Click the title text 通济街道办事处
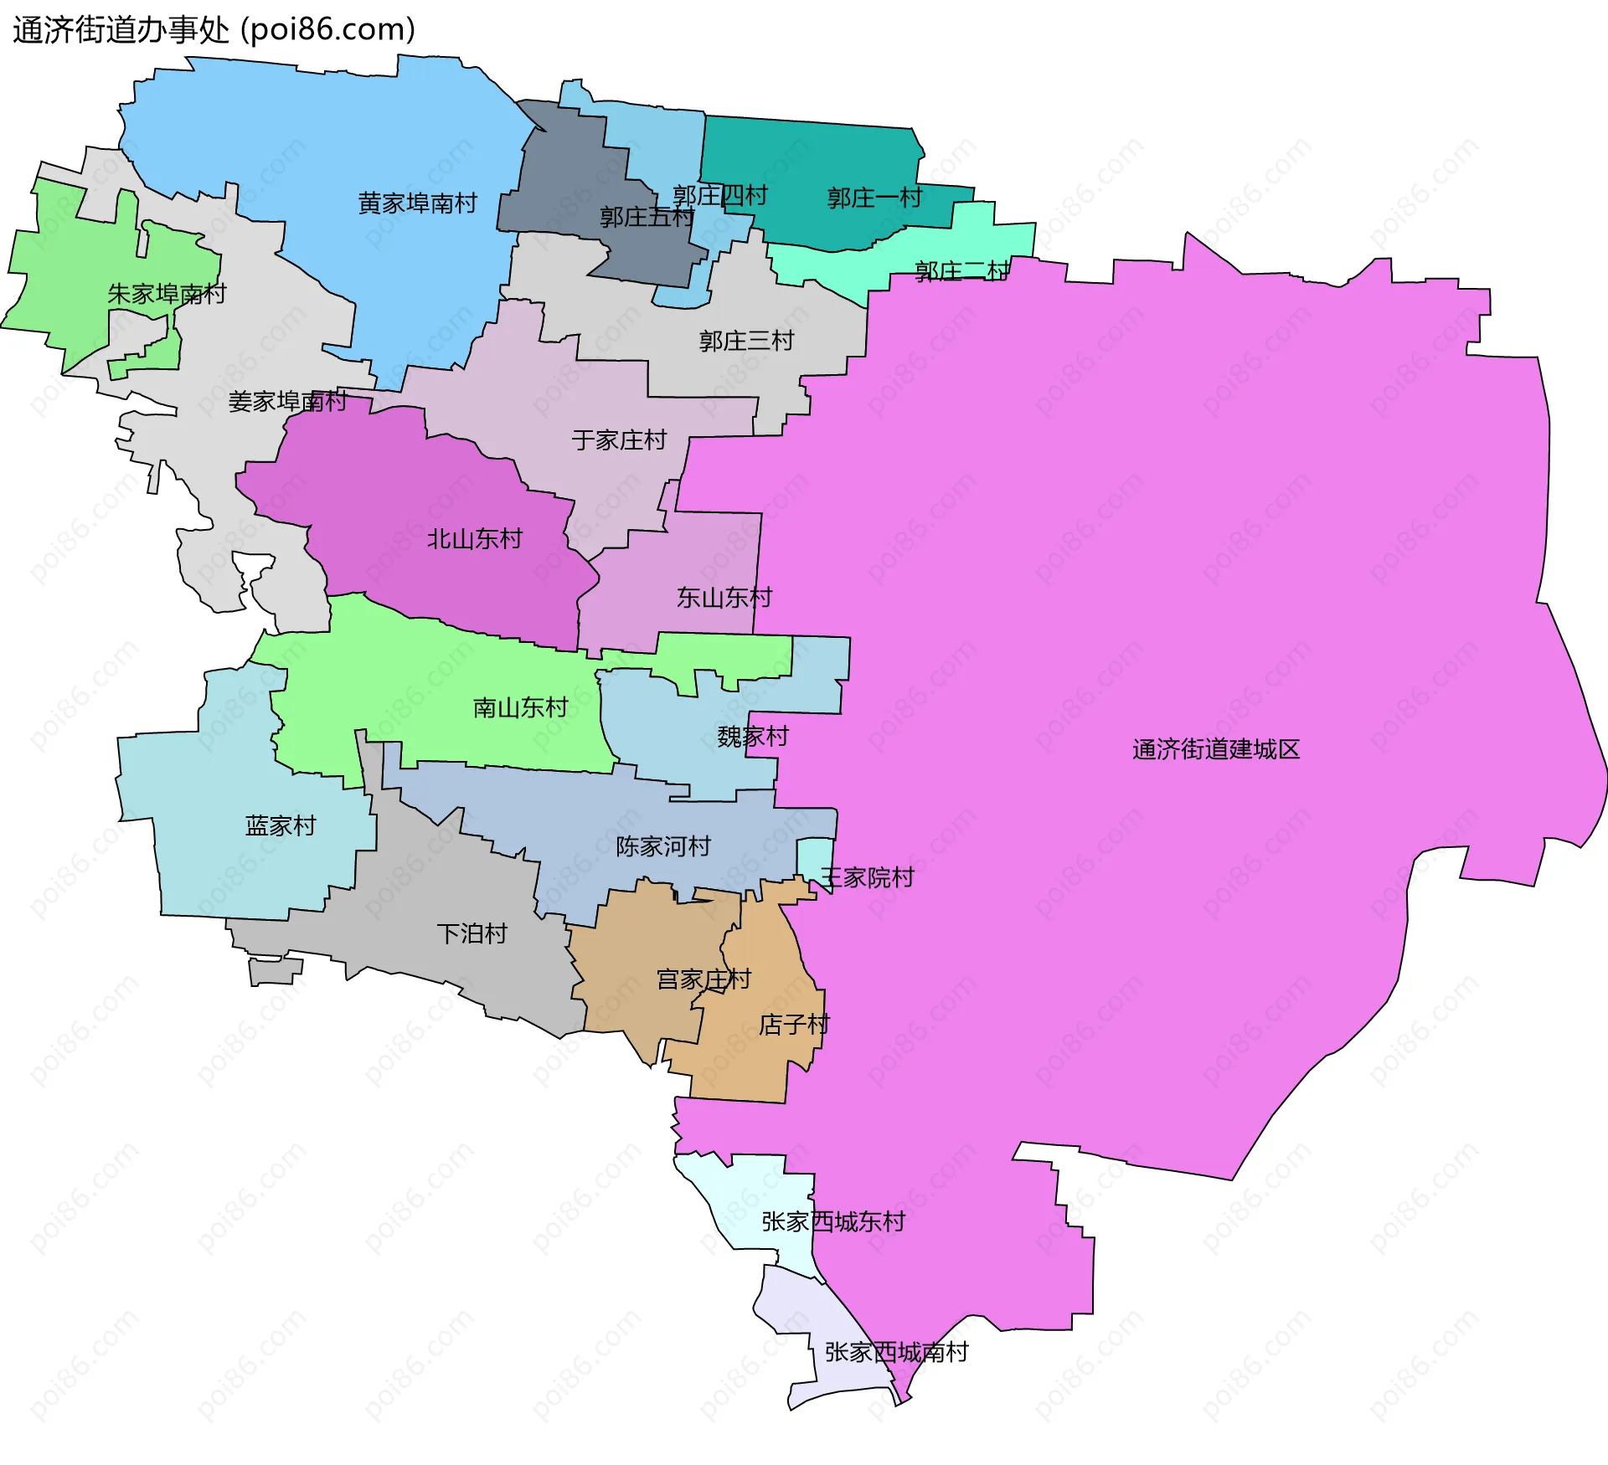coord(121,30)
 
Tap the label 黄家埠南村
coord(417,203)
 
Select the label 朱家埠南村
coord(167,294)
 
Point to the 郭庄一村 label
coord(874,198)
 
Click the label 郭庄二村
coord(961,271)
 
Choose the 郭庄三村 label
coord(746,341)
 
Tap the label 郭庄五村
coord(646,218)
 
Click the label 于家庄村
coord(619,439)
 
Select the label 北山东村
coord(474,538)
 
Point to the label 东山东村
coord(724,598)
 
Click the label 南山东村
coord(520,707)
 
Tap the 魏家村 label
coord(752,737)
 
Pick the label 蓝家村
coord(280,825)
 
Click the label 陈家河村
coord(662,846)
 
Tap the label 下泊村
coord(472,933)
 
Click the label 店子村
coord(793,1025)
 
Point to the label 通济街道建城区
coord(1215,749)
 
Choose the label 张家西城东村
coord(832,1221)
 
